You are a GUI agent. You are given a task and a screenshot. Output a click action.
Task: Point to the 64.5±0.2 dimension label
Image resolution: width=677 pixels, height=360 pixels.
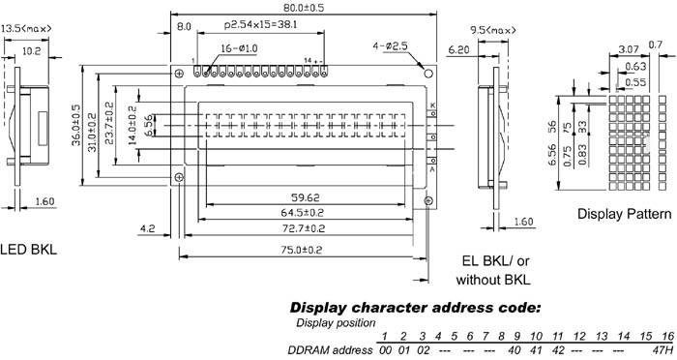tap(303, 210)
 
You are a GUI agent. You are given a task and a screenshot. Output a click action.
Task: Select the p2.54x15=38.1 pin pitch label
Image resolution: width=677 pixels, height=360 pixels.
tap(260, 23)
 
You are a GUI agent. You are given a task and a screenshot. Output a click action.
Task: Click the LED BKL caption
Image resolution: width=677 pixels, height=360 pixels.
tap(29, 250)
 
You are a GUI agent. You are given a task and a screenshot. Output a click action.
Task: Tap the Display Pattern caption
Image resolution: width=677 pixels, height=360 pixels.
tap(624, 213)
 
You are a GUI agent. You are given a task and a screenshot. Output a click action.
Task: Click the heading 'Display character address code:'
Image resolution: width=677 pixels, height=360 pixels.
tap(415, 308)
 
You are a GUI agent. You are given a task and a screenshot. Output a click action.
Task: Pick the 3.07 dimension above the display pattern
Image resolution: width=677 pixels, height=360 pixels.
tap(627, 47)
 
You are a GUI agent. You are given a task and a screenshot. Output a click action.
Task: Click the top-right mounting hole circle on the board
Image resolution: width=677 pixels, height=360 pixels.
tap(426, 71)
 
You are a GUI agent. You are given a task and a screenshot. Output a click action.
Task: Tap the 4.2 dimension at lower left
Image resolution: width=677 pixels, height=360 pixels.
tap(148, 229)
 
